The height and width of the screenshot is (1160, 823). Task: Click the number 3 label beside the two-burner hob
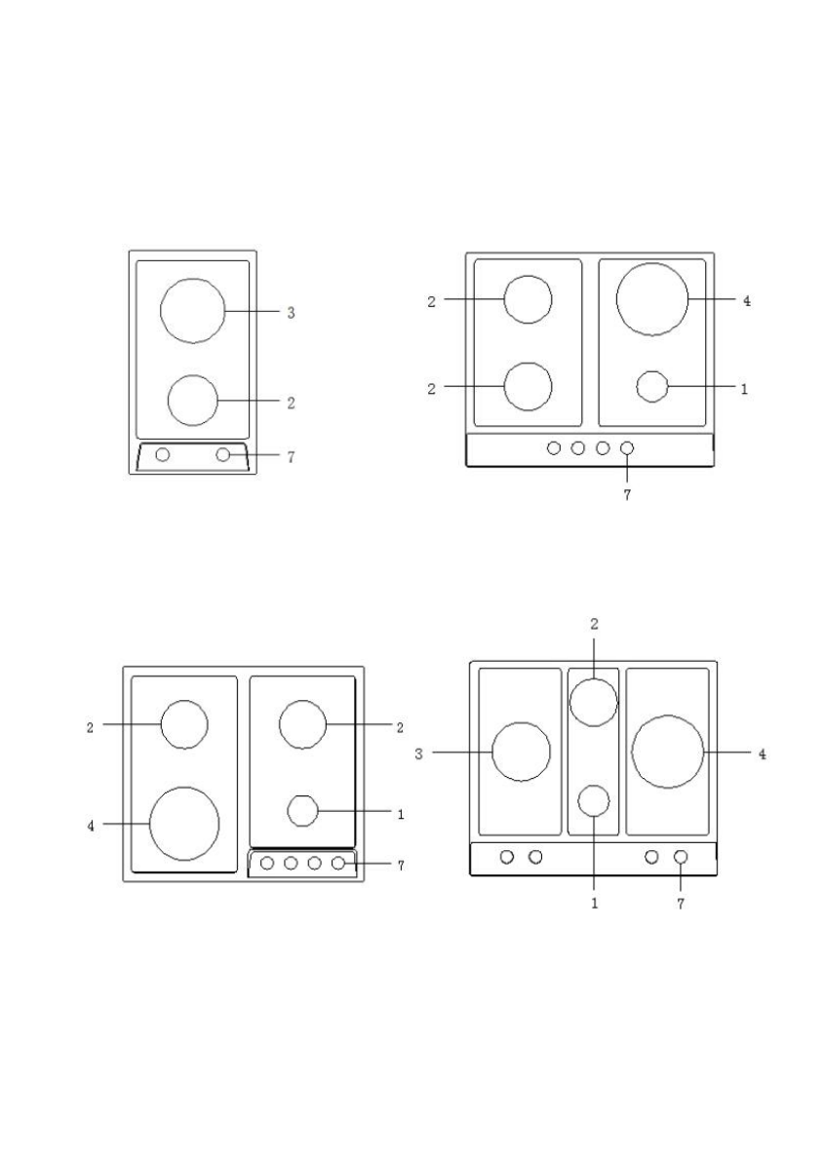(x=291, y=313)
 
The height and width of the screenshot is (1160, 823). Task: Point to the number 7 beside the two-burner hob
(x=291, y=457)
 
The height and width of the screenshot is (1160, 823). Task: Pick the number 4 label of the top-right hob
(x=747, y=301)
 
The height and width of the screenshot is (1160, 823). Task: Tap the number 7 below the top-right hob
(x=627, y=495)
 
